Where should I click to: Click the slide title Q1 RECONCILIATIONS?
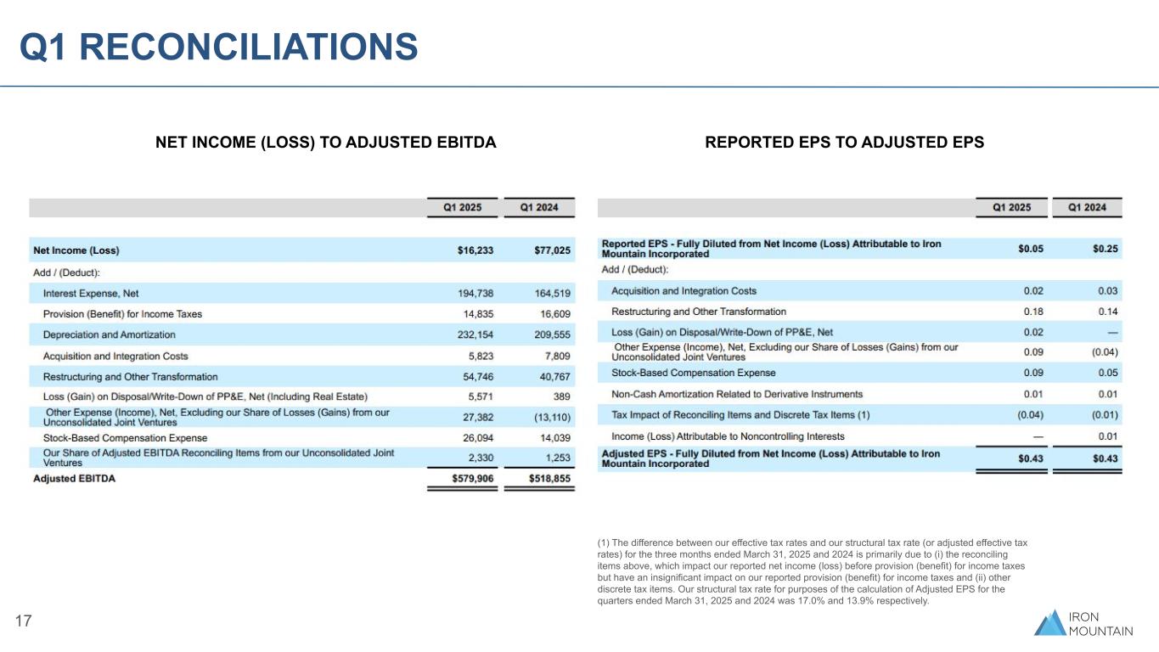pos(219,47)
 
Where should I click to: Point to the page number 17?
pos(24,621)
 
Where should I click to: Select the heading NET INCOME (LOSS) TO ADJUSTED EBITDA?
pos(325,143)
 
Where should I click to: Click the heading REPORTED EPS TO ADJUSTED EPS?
pos(844,143)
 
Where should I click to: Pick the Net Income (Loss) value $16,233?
pos(475,250)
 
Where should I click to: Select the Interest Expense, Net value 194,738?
pos(475,293)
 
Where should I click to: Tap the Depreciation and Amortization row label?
pos(109,334)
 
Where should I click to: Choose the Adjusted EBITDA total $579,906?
pos(471,479)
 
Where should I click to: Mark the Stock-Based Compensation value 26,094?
pos(475,438)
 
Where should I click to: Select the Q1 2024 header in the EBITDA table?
pos(539,207)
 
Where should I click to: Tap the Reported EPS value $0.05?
pos(1030,249)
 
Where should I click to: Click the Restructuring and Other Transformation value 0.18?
pos(1033,312)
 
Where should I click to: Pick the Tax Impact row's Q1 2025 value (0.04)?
pos(1030,415)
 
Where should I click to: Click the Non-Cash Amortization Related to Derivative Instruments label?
pos(737,394)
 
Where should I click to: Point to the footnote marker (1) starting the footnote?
pos(605,542)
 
